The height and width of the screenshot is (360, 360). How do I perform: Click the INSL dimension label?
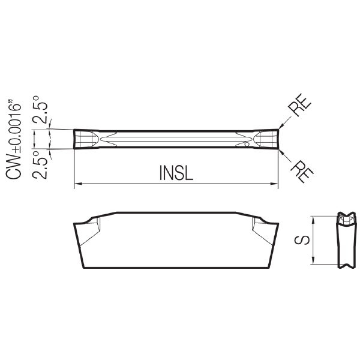coord(176,172)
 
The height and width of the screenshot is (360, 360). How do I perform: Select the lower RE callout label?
coord(302,171)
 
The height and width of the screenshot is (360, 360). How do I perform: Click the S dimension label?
coord(302,240)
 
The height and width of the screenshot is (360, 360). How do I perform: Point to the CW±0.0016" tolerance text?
coord(14,139)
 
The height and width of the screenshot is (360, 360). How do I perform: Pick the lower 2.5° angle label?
coord(40,165)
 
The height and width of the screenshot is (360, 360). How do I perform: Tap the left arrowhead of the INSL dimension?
coord(78,184)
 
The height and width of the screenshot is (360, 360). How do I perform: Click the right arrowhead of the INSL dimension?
coord(274,184)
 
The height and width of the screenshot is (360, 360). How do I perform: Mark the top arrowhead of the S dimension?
coord(313,220)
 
